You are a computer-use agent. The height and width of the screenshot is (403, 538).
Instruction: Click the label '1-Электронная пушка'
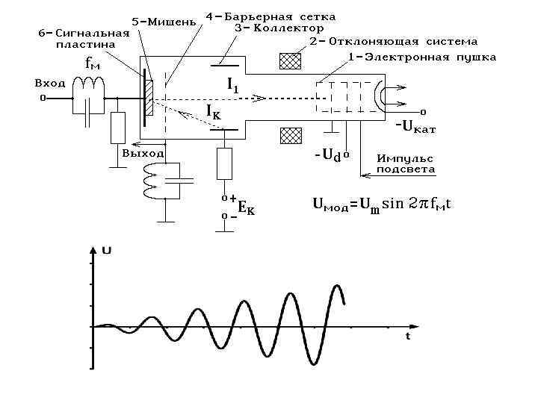(422, 57)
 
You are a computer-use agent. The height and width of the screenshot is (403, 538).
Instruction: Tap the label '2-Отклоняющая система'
(394, 42)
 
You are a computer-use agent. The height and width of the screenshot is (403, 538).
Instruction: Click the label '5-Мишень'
(164, 21)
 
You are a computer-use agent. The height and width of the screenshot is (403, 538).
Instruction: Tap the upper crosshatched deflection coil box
(290, 61)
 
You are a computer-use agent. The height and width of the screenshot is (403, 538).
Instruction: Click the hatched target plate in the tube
(149, 98)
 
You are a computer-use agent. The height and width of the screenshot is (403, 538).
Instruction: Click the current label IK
(213, 112)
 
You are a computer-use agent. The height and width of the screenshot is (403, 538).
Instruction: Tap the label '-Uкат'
(415, 127)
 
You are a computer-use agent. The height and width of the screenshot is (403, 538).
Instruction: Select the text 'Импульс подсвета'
(405, 164)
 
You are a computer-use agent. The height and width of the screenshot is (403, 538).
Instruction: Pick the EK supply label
(246, 209)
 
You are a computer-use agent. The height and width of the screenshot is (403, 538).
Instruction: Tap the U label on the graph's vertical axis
(107, 251)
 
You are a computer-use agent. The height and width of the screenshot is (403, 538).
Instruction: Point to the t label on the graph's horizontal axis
(408, 337)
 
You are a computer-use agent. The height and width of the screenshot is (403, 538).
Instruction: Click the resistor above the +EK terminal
(224, 163)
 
